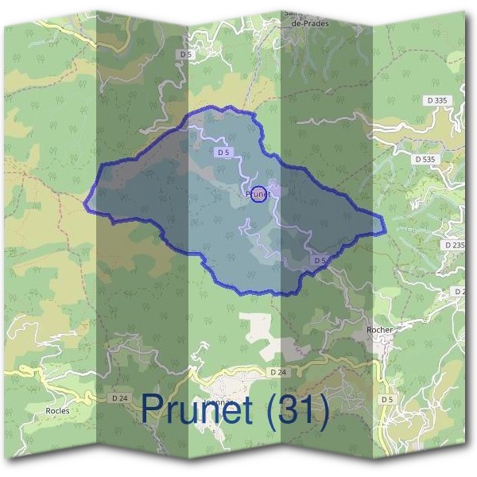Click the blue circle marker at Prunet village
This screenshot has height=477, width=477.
click(258, 193)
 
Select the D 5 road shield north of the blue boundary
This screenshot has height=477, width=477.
click(186, 54)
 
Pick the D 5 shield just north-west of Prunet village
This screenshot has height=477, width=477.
click(223, 151)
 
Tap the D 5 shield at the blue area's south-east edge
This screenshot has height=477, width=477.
click(319, 260)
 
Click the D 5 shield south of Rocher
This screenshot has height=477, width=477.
click(387, 398)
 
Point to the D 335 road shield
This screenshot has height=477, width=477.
click(436, 100)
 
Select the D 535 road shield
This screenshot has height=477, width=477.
click(425, 159)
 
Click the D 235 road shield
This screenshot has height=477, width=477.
click(455, 246)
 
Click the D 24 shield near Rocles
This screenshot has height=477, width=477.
click(119, 397)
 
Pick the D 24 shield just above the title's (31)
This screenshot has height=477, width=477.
click(277, 372)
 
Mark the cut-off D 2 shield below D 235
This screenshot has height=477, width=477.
click(460, 292)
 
